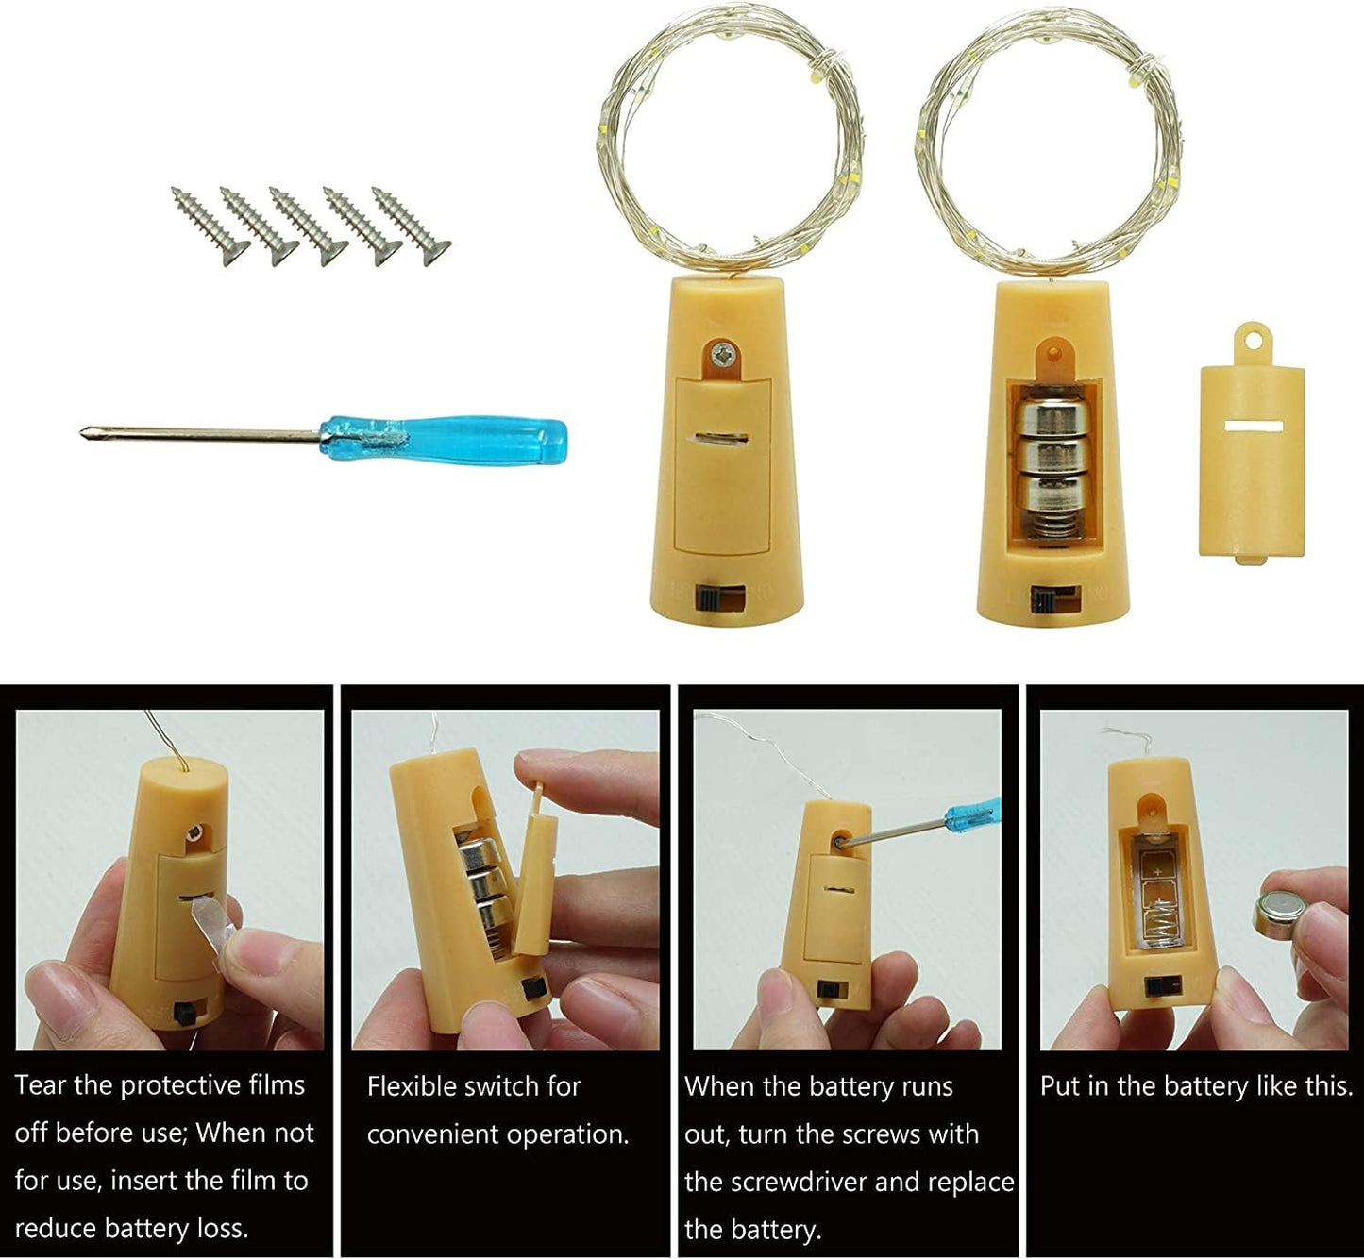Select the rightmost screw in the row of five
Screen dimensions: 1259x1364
tap(411, 225)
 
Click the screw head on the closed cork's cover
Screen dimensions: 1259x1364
tap(724, 356)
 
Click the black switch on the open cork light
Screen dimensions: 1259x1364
tap(1044, 599)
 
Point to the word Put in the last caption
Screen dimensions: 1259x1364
tap(1059, 1086)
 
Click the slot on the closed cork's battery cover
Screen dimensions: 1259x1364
tap(722, 438)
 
